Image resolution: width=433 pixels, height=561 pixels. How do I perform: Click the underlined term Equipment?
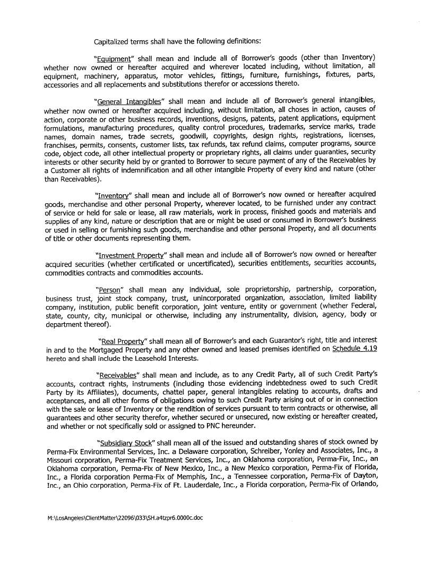(x=113, y=58)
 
